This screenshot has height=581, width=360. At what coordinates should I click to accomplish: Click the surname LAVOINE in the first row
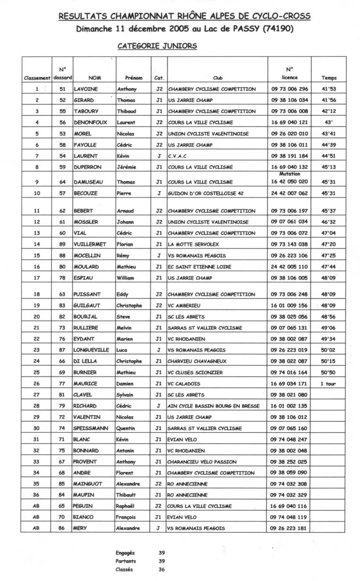click(x=86, y=89)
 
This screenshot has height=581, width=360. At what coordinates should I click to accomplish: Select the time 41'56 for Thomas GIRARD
click(x=328, y=100)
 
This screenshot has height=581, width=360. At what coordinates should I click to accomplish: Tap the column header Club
click(x=218, y=78)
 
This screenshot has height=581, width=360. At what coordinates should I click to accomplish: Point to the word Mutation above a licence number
click(x=290, y=174)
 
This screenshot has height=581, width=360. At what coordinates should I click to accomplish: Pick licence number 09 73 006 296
click(x=290, y=89)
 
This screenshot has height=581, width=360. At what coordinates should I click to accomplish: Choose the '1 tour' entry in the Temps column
click(x=328, y=384)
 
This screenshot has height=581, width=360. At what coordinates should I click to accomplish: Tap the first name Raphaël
click(x=128, y=506)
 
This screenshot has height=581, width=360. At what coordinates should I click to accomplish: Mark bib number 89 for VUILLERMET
click(x=62, y=244)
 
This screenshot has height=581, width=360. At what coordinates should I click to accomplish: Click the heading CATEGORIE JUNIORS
click(x=157, y=46)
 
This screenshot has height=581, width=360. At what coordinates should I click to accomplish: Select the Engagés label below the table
click(x=125, y=553)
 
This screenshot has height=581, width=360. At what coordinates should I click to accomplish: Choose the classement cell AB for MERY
click(x=36, y=528)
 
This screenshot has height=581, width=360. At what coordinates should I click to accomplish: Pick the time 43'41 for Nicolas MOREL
click(x=328, y=134)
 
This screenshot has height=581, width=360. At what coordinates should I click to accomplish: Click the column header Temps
click(x=329, y=78)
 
